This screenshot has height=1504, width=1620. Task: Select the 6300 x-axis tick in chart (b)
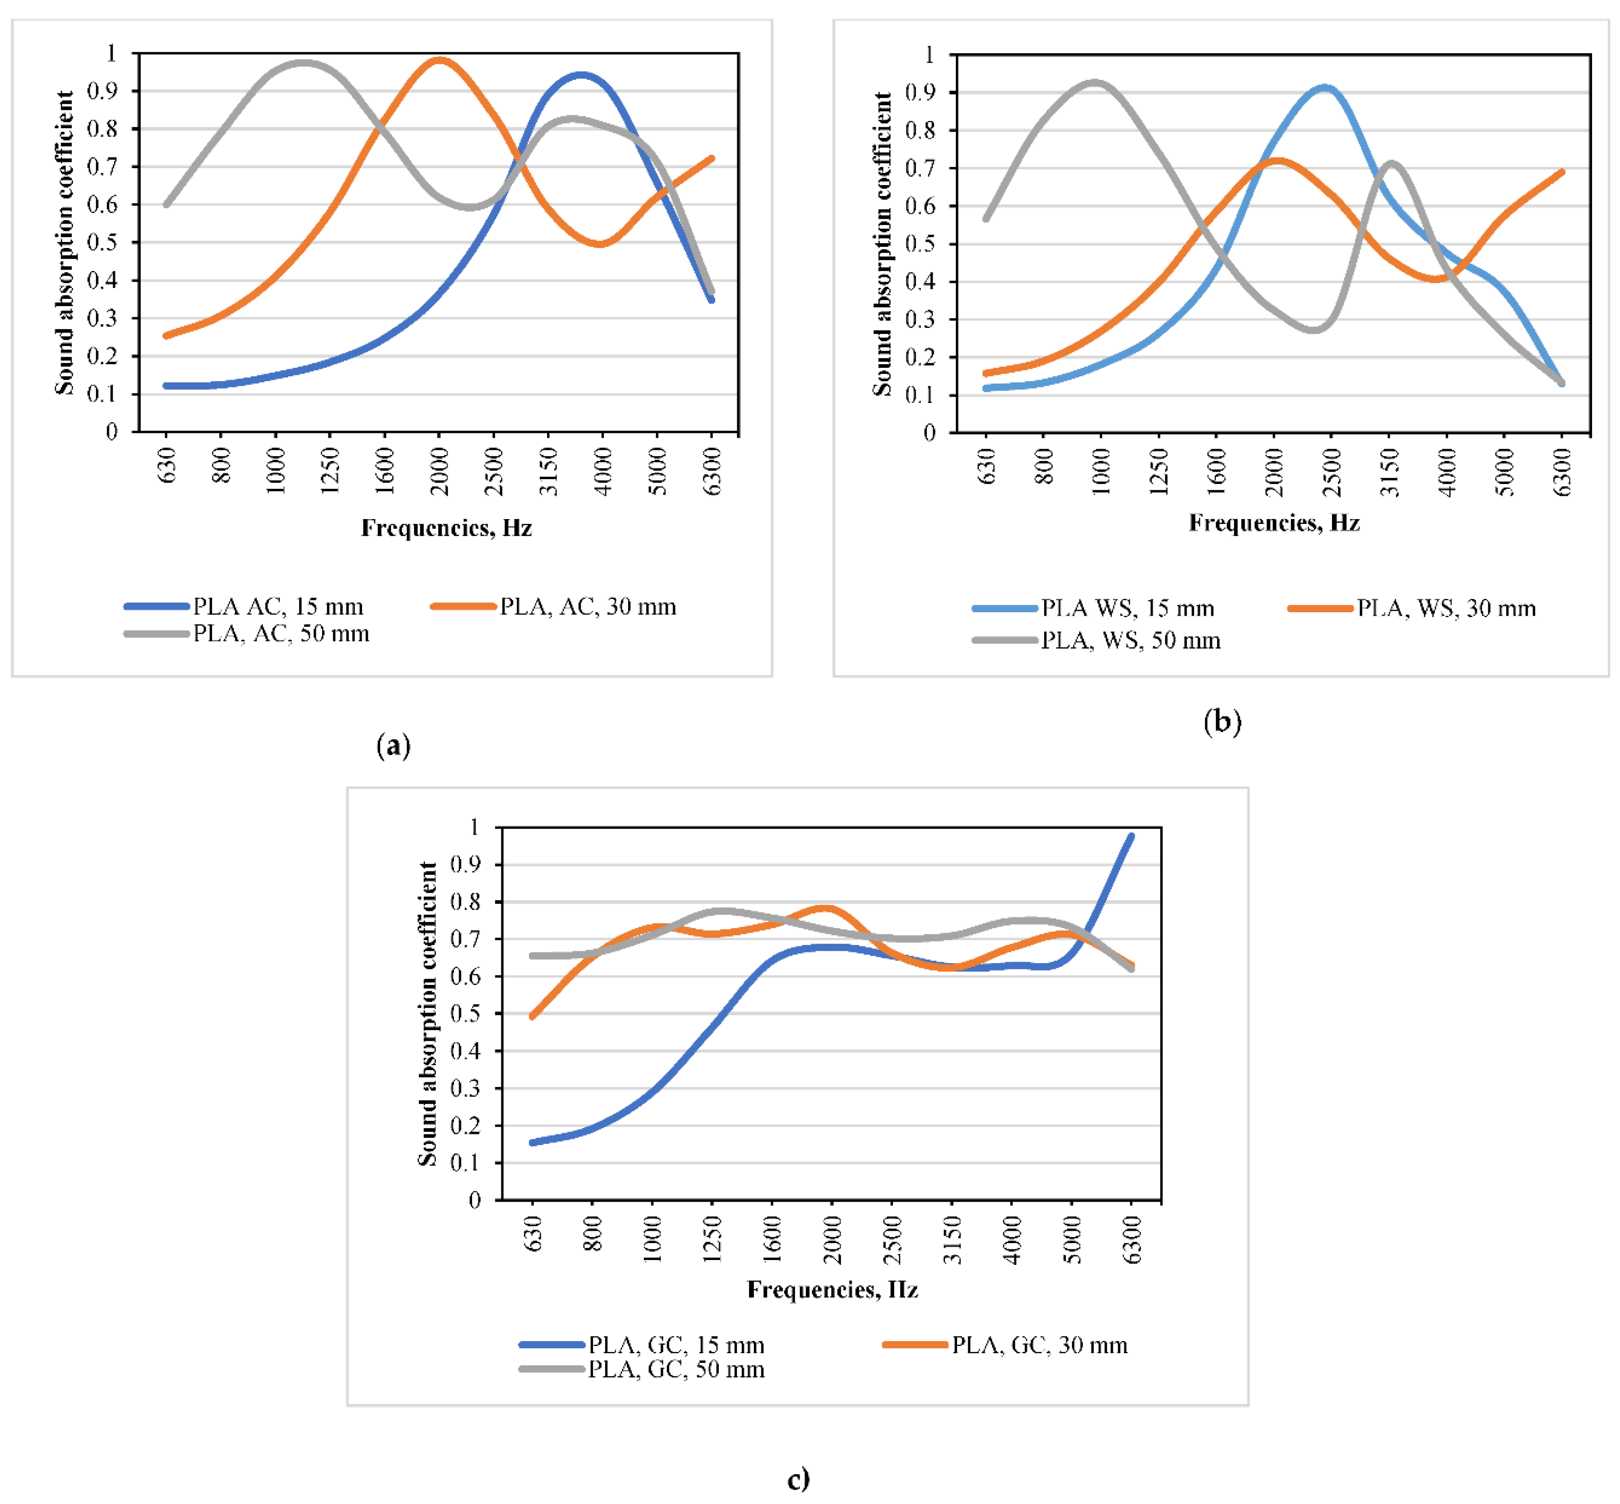[x=1561, y=472]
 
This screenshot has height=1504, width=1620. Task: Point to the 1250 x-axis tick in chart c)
[x=712, y=1239]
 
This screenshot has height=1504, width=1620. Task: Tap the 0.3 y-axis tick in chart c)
[x=465, y=1088]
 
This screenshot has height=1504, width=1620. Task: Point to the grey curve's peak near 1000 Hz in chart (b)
[x=1095, y=82]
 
